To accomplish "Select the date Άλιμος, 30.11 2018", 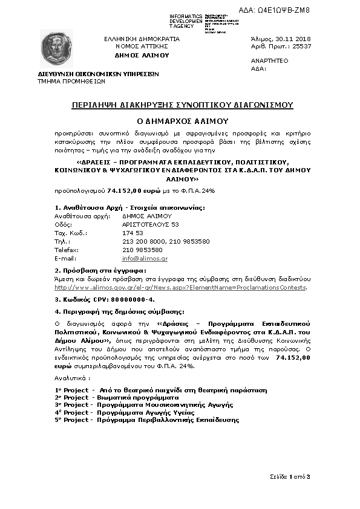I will pyautogui.click(x=280, y=38).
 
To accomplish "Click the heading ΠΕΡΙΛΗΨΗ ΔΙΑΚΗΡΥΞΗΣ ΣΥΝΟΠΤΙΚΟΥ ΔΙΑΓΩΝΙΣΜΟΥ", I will pyautogui.click(x=182, y=105).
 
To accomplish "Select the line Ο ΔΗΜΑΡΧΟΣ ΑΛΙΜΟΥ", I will pyautogui.click(x=182, y=120).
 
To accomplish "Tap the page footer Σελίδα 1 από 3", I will pyautogui.click(x=290, y=477).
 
